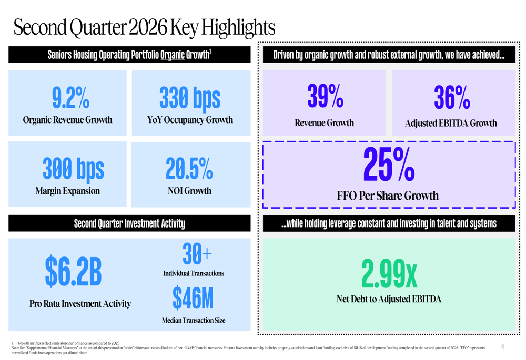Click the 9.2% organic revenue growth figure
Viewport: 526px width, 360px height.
point(70,98)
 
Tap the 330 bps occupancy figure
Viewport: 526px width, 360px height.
point(190,98)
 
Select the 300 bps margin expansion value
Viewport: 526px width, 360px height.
point(73,169)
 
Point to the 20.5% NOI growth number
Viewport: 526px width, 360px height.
point(189,169)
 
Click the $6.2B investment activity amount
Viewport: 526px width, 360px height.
point(73,271)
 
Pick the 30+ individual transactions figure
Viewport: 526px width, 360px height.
point(197,254)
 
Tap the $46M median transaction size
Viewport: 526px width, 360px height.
point(193,297)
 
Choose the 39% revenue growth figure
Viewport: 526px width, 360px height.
point(325,96)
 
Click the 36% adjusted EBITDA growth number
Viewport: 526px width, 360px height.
point(452,97)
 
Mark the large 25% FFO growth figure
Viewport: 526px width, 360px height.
point(389,164)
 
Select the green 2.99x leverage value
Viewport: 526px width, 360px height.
point(389,274)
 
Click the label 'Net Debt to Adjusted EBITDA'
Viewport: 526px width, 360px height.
point(389,299)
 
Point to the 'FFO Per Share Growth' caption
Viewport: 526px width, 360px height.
point(388,196)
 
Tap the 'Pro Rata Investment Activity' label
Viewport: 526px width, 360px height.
point(80,304)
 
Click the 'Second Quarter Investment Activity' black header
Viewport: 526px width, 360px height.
point(129,223)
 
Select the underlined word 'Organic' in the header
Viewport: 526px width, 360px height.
point(173,55)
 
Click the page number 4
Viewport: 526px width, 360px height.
point(502,346)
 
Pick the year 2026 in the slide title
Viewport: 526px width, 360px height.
point(148,27)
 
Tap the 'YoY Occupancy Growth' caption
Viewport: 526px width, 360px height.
point(190,120)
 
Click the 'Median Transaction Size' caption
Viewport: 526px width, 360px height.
point(194,321)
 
